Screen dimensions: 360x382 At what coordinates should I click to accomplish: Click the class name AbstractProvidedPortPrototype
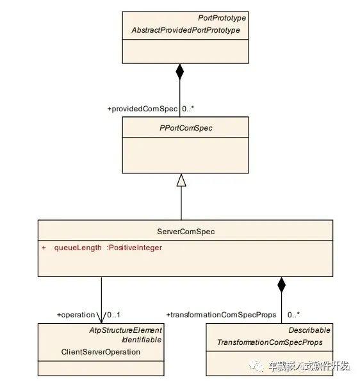(x=186, y=30)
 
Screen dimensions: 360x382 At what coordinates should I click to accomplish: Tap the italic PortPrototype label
(x=222, y=18)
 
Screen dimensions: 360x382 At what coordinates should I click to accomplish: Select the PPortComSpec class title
(x=186, y=128)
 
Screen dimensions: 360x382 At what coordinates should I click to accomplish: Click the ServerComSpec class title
(x=186, y=232)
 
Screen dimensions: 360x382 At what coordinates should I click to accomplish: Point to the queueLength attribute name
(x=78, y=248)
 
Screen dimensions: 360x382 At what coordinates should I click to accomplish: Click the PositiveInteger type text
(x=135, y=248)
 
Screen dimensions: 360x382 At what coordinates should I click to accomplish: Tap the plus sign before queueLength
(x=44, y=248)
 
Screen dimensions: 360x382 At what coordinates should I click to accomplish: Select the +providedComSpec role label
(x=142, y=109)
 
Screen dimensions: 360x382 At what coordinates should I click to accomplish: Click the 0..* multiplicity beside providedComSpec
(x=188, y=109)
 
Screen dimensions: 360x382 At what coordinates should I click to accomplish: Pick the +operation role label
(x=76, y=315)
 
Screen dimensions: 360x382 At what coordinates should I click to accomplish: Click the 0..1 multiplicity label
(x=113, y=315)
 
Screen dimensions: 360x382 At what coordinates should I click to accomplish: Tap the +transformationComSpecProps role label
(x=221, y=315)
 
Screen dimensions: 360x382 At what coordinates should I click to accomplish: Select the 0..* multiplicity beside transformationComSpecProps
(x=293, y=315)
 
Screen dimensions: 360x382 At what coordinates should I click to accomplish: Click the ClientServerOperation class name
(x=101, y=352)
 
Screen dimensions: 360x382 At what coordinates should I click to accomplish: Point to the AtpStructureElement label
(x=126, y=330)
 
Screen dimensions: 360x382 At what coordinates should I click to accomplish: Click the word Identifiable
(x=142, y=340)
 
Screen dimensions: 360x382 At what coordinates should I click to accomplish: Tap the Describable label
(x=309, y=330)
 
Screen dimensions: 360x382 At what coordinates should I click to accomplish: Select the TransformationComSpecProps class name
(x=270, y=342)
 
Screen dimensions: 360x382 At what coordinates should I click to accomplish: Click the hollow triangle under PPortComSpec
(x=181, y=180)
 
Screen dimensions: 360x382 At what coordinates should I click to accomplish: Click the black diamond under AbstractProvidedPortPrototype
(x=180, y=72)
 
